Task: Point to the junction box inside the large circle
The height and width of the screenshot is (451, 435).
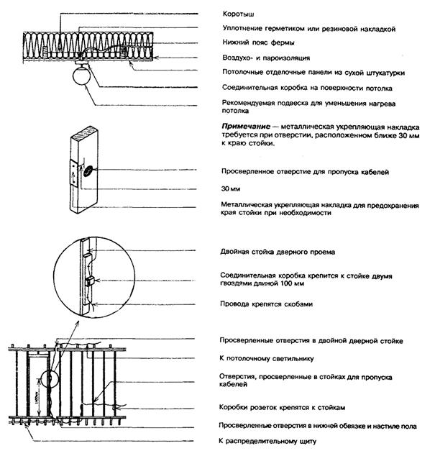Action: point(91,280)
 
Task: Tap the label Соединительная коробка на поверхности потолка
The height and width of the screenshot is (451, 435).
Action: point(296,88)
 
